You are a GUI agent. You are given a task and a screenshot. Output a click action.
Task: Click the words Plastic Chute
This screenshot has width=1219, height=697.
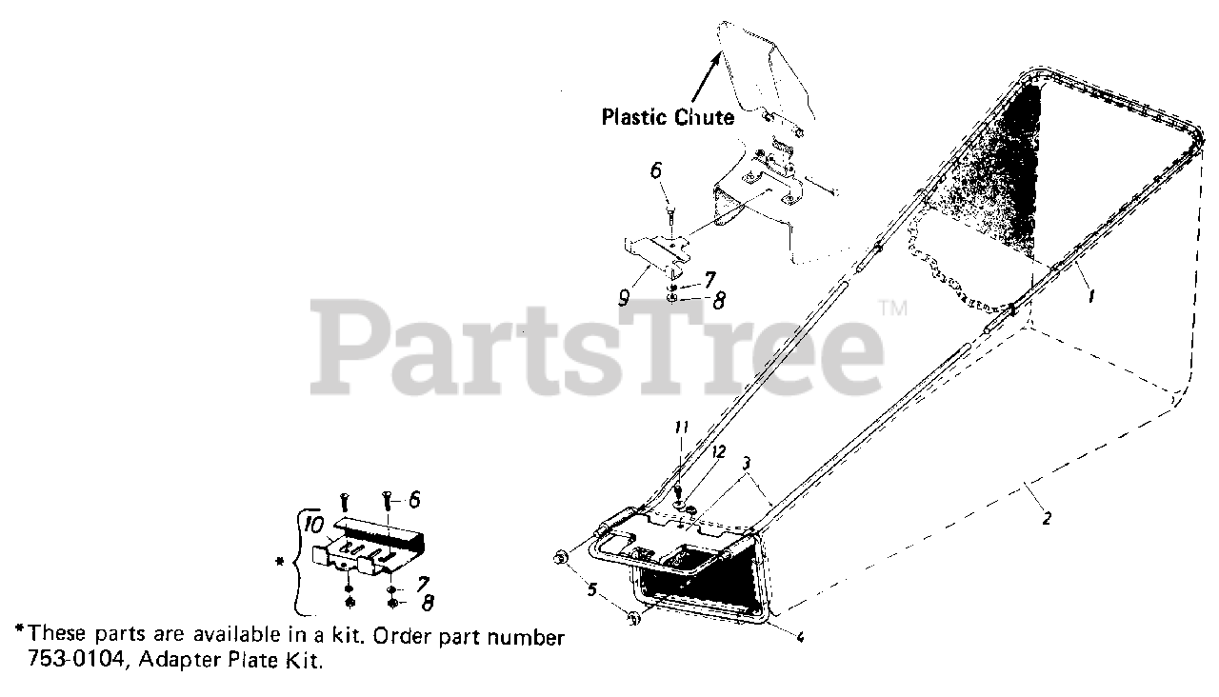click(x=668, y=117)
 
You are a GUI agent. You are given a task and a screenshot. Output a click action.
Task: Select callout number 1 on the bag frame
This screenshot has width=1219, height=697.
click(x=1091, y=295)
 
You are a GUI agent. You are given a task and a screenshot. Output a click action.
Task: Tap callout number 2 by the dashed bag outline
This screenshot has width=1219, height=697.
click(x=1046, y=519)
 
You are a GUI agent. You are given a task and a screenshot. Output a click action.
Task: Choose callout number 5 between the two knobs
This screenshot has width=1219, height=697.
click(x=590, y=589)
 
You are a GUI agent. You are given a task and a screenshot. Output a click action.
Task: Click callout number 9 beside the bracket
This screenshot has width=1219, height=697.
click(x=624, y=297)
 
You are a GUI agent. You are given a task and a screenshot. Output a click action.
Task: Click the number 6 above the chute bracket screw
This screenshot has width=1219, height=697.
click(x=655, y=172)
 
